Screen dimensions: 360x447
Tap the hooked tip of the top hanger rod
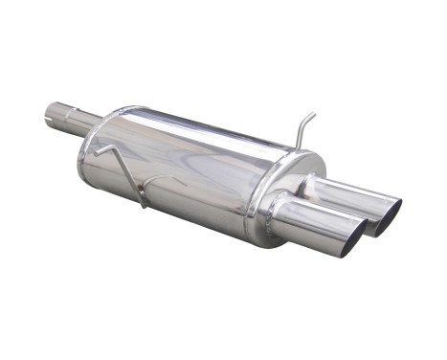pyautogui.click(x=312, y=116)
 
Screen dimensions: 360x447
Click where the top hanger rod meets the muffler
pyautogui.click(x=298, y=147)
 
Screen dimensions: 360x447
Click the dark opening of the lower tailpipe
pyautogui.click(x=350, y=238)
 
